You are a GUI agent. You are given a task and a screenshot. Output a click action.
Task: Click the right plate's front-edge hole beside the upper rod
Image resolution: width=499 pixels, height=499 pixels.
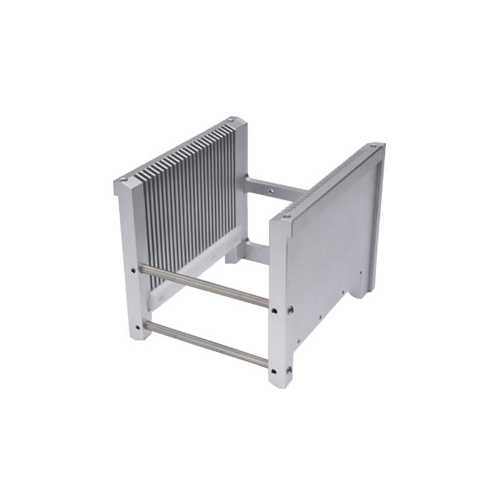coord(274,307)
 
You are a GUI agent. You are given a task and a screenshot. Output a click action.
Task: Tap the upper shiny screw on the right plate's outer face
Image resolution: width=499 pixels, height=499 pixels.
coord(291,308)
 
